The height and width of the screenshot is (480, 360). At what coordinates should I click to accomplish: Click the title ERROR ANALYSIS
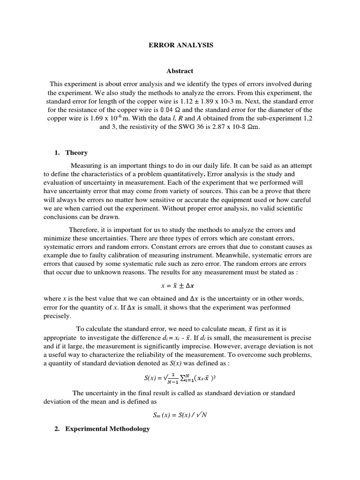click(x=180, y=45)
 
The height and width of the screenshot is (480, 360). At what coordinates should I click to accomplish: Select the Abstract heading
click(x=180, y=71)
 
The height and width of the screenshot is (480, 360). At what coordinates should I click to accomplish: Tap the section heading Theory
click(x=76, y=153)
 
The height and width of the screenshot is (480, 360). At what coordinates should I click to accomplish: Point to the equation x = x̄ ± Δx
click(x=180, y=285)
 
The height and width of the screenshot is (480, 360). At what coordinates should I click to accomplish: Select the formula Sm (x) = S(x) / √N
click(x=180, y=414)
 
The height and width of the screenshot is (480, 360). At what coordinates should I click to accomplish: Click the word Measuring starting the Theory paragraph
click(x=87, y=166)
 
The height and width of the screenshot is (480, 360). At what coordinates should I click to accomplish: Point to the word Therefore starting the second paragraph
click(x=85, y=230)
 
